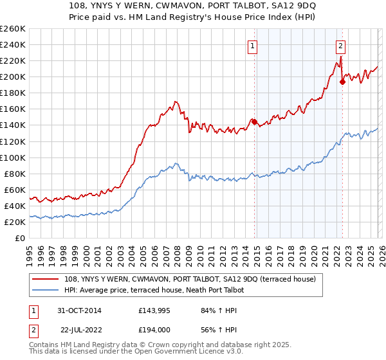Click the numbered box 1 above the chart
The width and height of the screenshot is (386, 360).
253,46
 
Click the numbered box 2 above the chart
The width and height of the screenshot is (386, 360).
340,46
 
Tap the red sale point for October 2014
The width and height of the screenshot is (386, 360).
254,122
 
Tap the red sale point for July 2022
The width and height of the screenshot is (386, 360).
342,81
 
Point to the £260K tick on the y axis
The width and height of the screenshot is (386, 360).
13,29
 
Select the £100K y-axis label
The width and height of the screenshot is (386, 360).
13,157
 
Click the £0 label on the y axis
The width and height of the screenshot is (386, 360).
19,238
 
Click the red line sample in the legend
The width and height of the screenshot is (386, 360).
46,280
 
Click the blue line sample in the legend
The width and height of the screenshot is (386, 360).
46,291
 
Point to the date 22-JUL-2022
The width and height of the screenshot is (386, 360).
80,330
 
